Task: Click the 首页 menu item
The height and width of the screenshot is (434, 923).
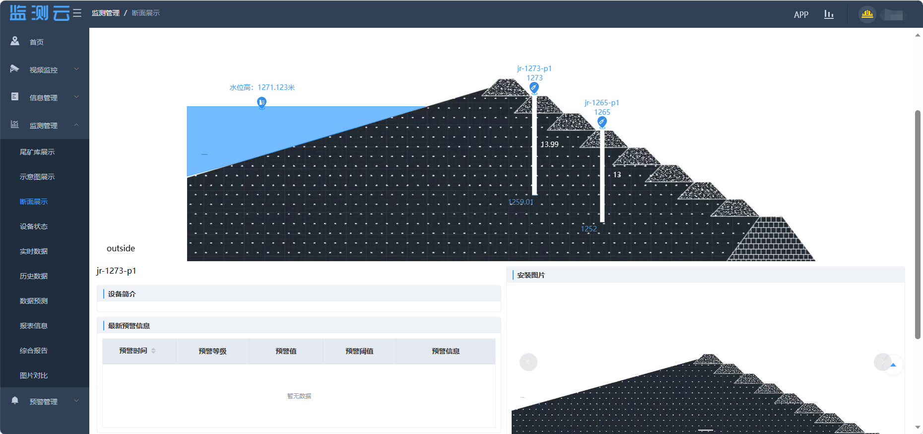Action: [36, 42]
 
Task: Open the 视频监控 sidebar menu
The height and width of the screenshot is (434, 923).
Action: [44, 70]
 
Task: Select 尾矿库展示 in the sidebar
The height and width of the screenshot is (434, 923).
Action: [37, 152]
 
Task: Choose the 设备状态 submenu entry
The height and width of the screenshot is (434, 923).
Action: [34, 226]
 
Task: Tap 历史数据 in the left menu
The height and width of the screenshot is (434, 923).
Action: [34, 276]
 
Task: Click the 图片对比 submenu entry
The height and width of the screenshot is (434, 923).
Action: [34, 375]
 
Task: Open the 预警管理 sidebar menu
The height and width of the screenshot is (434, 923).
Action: [44, 402]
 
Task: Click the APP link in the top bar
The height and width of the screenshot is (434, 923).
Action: [801, 15]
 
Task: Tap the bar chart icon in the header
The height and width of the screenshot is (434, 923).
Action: [829, 14]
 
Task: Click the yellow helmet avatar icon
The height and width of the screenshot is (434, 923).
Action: [867, 14]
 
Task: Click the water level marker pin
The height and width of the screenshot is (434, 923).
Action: [262, 102]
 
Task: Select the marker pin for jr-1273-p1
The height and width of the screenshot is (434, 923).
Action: [534, 88]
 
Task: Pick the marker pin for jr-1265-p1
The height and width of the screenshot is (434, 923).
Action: [602, 122]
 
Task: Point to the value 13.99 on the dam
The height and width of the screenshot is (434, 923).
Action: [549, 145]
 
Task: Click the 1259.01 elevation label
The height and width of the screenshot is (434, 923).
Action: [521, 202]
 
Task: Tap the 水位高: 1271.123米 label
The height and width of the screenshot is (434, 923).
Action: [262, 87]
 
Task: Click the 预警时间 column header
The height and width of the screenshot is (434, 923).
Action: [133, 351]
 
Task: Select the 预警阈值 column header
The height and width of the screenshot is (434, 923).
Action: [359, 351]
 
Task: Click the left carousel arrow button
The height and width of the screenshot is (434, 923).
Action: [528, 362]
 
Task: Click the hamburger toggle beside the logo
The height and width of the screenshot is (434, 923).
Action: [77, 13]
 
